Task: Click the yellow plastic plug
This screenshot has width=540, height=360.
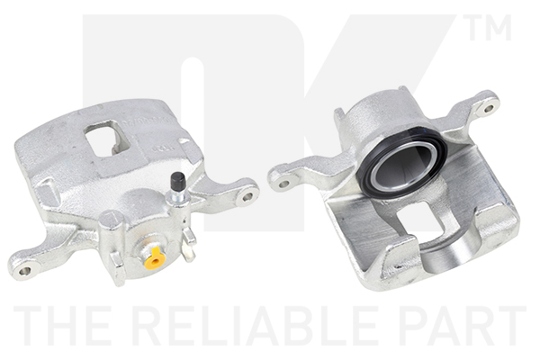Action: click(155, 260)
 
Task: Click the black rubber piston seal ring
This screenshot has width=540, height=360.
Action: click(401, 161)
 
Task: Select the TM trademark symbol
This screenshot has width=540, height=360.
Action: click(487, 28)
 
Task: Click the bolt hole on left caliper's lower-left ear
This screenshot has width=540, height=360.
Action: click(25, 271)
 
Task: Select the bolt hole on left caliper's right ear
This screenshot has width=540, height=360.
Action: click(248, 196)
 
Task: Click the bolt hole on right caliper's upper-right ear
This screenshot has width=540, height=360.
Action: click(489, 109)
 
